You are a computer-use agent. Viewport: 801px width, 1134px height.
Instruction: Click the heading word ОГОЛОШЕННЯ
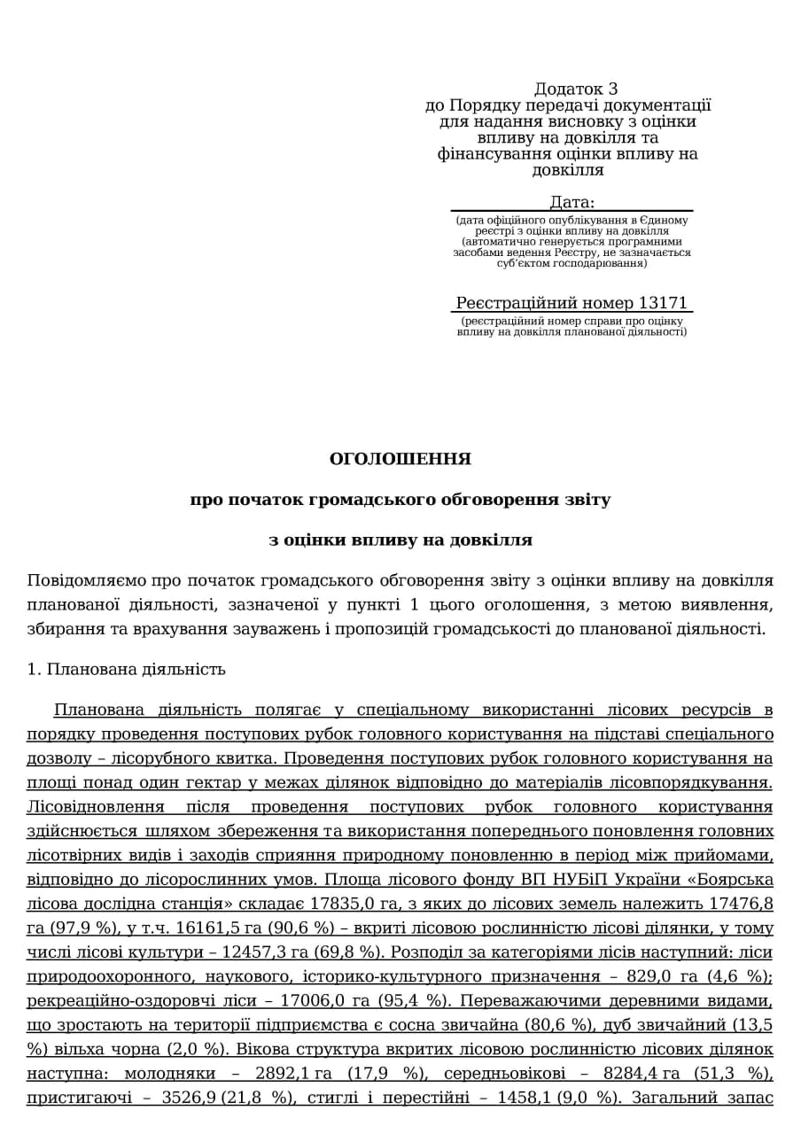coord(400,459)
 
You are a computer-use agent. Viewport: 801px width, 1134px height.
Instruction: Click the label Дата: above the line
coord(572,202)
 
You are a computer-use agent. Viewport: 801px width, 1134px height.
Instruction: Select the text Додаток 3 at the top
coord(576,89)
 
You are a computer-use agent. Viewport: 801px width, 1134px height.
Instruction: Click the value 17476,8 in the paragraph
coord(743,903)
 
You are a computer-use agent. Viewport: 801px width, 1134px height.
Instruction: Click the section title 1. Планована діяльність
coord(127,669)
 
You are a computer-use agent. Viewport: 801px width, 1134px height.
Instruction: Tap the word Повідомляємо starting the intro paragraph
coord(85,581)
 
